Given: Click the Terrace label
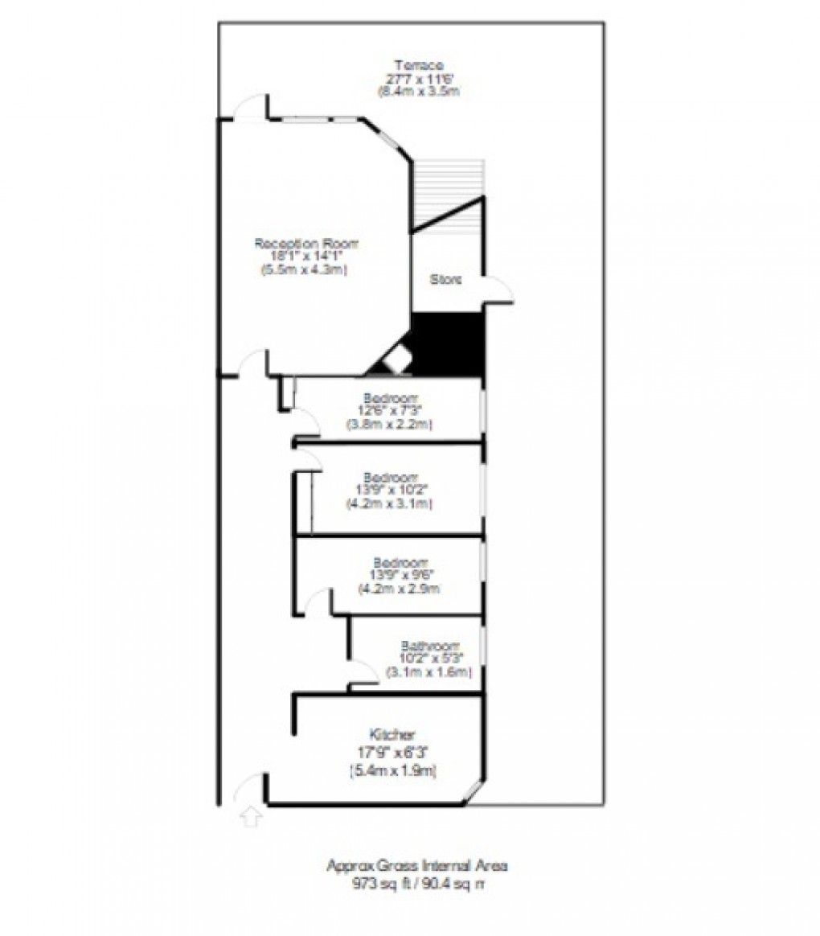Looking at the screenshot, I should pyautogui.click(x=418, y=65).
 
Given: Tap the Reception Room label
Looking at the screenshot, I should pyautogui.click(x=306, y=243).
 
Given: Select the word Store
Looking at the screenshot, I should pyautogui.click(x=446, y=281).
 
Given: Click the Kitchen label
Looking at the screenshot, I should pyautogui.click(x=392, y=734).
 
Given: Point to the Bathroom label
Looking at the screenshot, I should pyautogui.click(x=430, y=646).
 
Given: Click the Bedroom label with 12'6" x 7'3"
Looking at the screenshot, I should pyautogui.click(x=391, y=397).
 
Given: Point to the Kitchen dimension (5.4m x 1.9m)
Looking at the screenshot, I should pyautogui.click(x=392, y=772).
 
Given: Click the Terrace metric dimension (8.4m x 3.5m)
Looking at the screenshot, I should pyautogui.click(x=418, y=92).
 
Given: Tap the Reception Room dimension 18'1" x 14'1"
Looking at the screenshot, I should pyautogui.click(x=306, y=257).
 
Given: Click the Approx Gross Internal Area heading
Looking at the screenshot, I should pyautogui.click(x=417, y=866).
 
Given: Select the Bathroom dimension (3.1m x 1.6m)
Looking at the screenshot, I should pyautogui.click(x=428, y=672).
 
